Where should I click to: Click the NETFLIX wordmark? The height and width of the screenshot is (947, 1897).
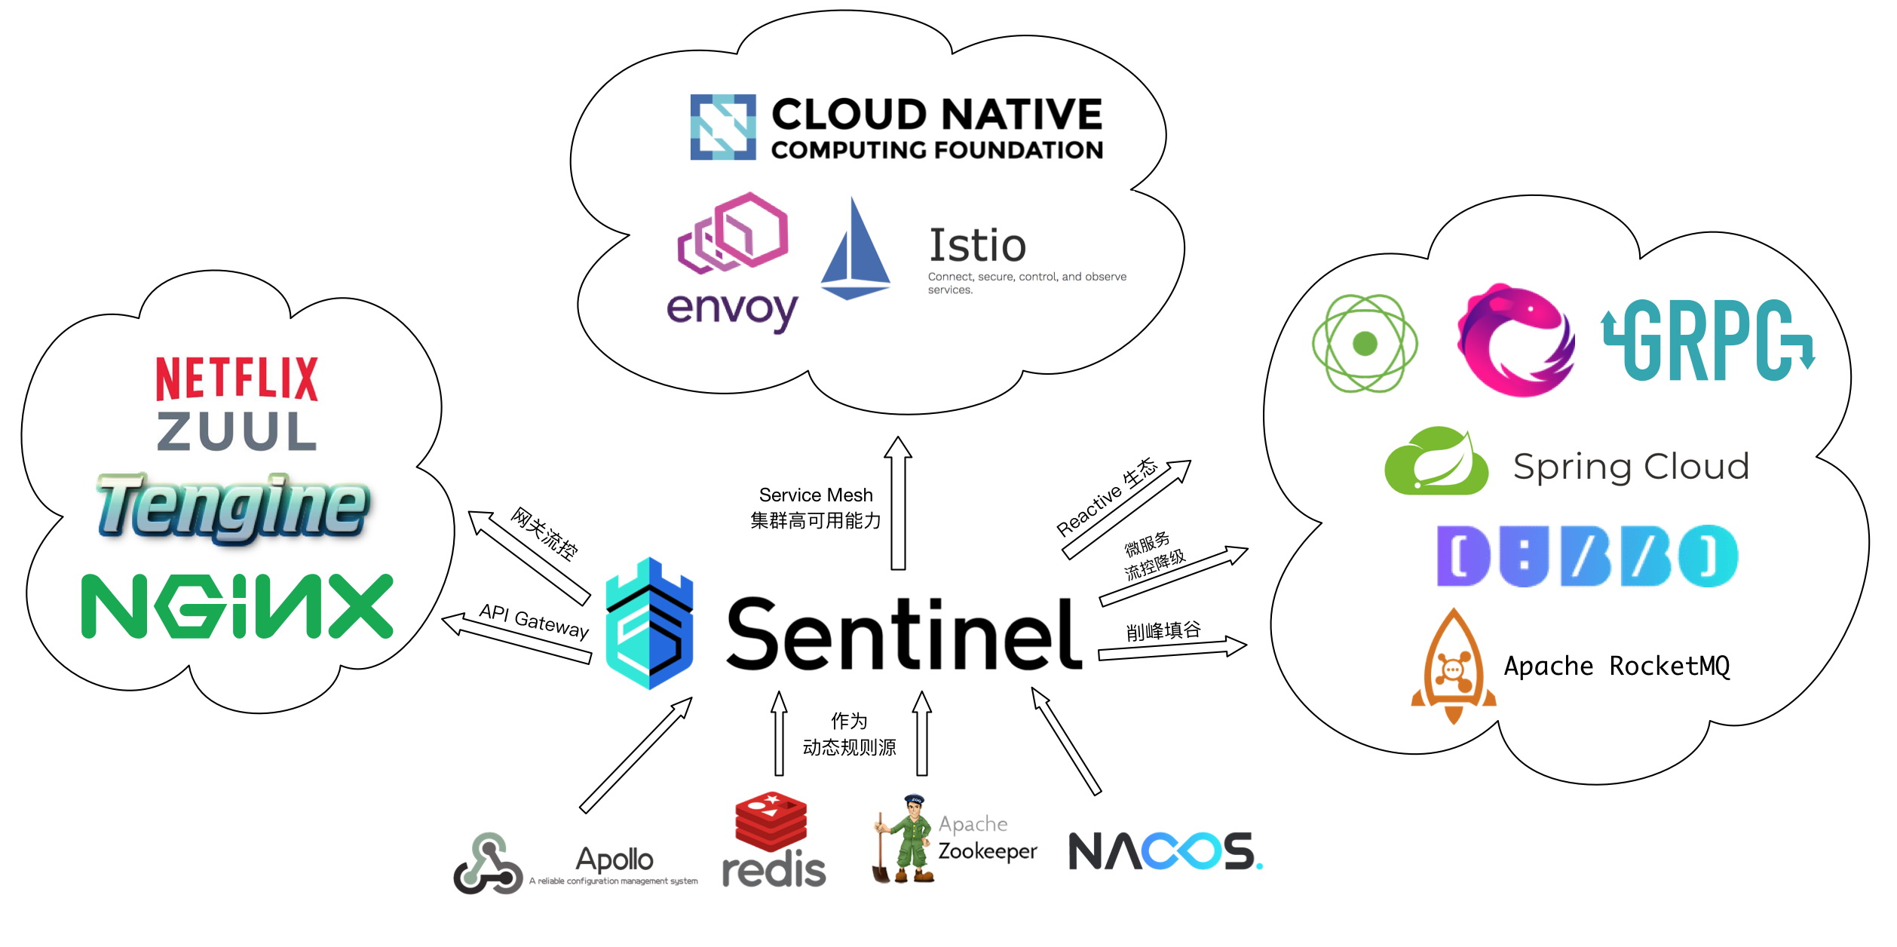click(x=237, y=378)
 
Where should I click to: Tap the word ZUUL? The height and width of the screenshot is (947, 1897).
click(x=237, y=431)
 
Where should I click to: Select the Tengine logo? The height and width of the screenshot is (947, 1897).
click(x=233, y=506)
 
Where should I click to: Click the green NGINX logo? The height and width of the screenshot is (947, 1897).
click(x=237, y=606)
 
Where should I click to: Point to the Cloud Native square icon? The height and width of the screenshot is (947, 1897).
click(x=723, y=127)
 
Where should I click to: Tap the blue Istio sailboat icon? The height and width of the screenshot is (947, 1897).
click(x=855, y=250)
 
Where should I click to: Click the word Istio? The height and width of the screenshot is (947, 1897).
click(x=977, y=245)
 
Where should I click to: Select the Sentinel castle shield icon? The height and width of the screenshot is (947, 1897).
click(x=649, y=624)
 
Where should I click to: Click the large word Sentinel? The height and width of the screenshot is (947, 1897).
click(x=903, y=633)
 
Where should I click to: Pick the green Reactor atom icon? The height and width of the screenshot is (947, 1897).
click(x=1365, y=344)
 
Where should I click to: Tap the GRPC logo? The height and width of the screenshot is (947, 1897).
click(x=1708, y=340)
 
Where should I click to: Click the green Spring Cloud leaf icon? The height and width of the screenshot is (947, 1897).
click(x=1436, y=461)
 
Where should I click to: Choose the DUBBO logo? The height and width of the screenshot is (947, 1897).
click(x=1587, y=556)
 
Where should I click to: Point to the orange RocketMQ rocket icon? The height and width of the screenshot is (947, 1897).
click(x=1453, y=667)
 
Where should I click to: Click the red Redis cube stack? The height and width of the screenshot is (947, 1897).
click(x=771, y=823)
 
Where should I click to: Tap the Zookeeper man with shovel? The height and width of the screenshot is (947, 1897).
click(x=905, y=839)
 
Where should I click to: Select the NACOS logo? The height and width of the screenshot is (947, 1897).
click(x=1165, y=851)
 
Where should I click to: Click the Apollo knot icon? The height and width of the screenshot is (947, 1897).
click(x=488, y=864)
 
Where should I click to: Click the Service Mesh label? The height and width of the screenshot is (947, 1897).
click(x=816, y=495)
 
